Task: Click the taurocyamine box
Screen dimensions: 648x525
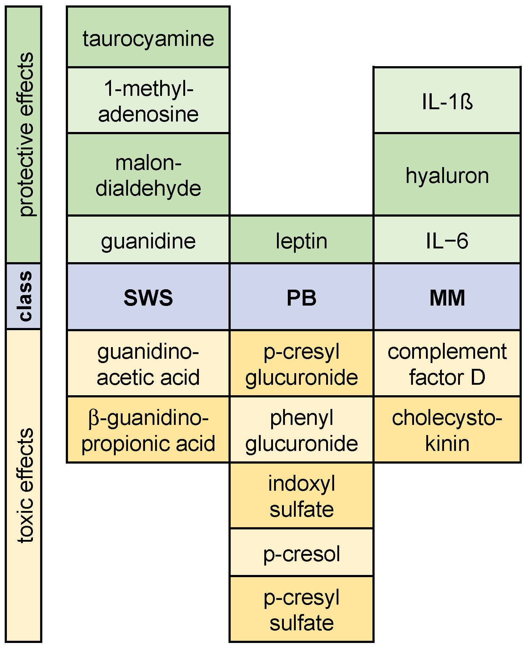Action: pos(148,38)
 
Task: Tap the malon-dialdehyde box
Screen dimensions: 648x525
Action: pos(148,175)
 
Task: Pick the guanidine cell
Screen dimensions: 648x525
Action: pos(148,240)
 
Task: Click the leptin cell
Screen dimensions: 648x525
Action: pos(302,240)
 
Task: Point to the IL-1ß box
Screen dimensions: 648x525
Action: pos(447,101)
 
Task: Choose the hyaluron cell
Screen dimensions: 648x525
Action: pos(447,175)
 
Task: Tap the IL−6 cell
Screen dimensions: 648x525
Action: pos(447,240)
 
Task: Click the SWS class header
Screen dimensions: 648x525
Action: pos(148,297)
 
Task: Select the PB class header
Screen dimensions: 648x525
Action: pos(302,297)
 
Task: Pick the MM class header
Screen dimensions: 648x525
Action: pos(447,297)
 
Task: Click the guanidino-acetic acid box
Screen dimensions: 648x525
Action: pos(148,364)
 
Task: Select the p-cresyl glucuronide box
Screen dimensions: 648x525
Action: pos(302,364)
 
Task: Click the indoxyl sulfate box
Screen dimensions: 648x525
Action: pos(302,496)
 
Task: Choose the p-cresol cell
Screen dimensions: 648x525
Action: pos(302,553)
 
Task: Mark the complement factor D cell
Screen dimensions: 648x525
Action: pos(447,364)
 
